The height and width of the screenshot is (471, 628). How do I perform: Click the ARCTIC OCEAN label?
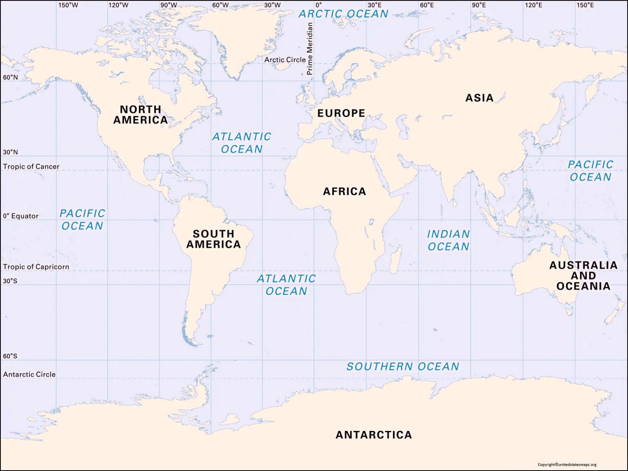coord(343,14)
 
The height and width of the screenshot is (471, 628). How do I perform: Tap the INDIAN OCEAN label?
coord(448,240)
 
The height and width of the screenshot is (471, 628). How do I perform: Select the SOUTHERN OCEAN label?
coord(403,367)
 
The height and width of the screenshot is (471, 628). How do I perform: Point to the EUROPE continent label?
coord(341,113)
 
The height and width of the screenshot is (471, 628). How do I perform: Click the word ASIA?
coord(479,98)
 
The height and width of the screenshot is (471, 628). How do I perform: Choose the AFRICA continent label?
coord(344,191)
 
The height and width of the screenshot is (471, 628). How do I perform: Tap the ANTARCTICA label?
coord(374,435)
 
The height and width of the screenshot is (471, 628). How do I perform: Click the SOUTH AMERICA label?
coord(213,239)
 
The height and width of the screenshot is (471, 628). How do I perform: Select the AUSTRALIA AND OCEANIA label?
coord(583,276)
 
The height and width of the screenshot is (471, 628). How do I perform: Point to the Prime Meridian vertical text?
coord(310,49)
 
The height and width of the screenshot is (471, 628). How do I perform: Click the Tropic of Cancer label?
coord(31,166)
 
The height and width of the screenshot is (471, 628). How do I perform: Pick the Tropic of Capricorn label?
coord(36,267)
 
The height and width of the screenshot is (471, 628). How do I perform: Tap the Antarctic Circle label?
coord(29,374)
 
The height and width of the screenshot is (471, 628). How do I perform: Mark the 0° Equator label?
coord(21,216)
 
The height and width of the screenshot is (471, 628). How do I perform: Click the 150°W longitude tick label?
coord(68,5)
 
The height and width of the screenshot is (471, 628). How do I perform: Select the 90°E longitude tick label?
coord(479,5)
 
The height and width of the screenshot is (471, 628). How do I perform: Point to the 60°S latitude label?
coord(10,356)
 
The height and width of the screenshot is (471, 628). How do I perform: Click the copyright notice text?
coord(567,464)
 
